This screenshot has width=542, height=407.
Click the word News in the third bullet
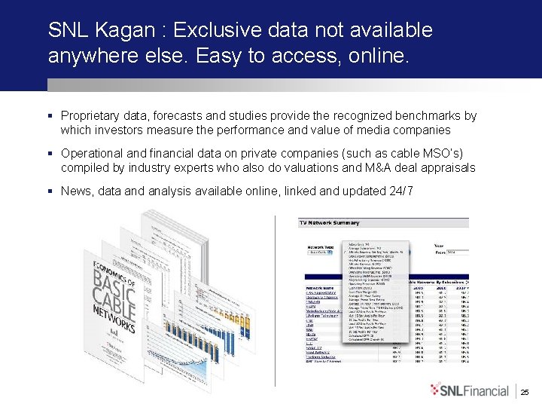tap(75, 191)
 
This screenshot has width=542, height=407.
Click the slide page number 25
tap(525, 392)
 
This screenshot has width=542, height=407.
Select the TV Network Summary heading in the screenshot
tap(330, 223)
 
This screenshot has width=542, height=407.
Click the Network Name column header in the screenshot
tap(321, 288)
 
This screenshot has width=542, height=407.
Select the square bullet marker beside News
tap(50, 191)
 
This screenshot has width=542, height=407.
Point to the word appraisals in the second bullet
tap(449, 167)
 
